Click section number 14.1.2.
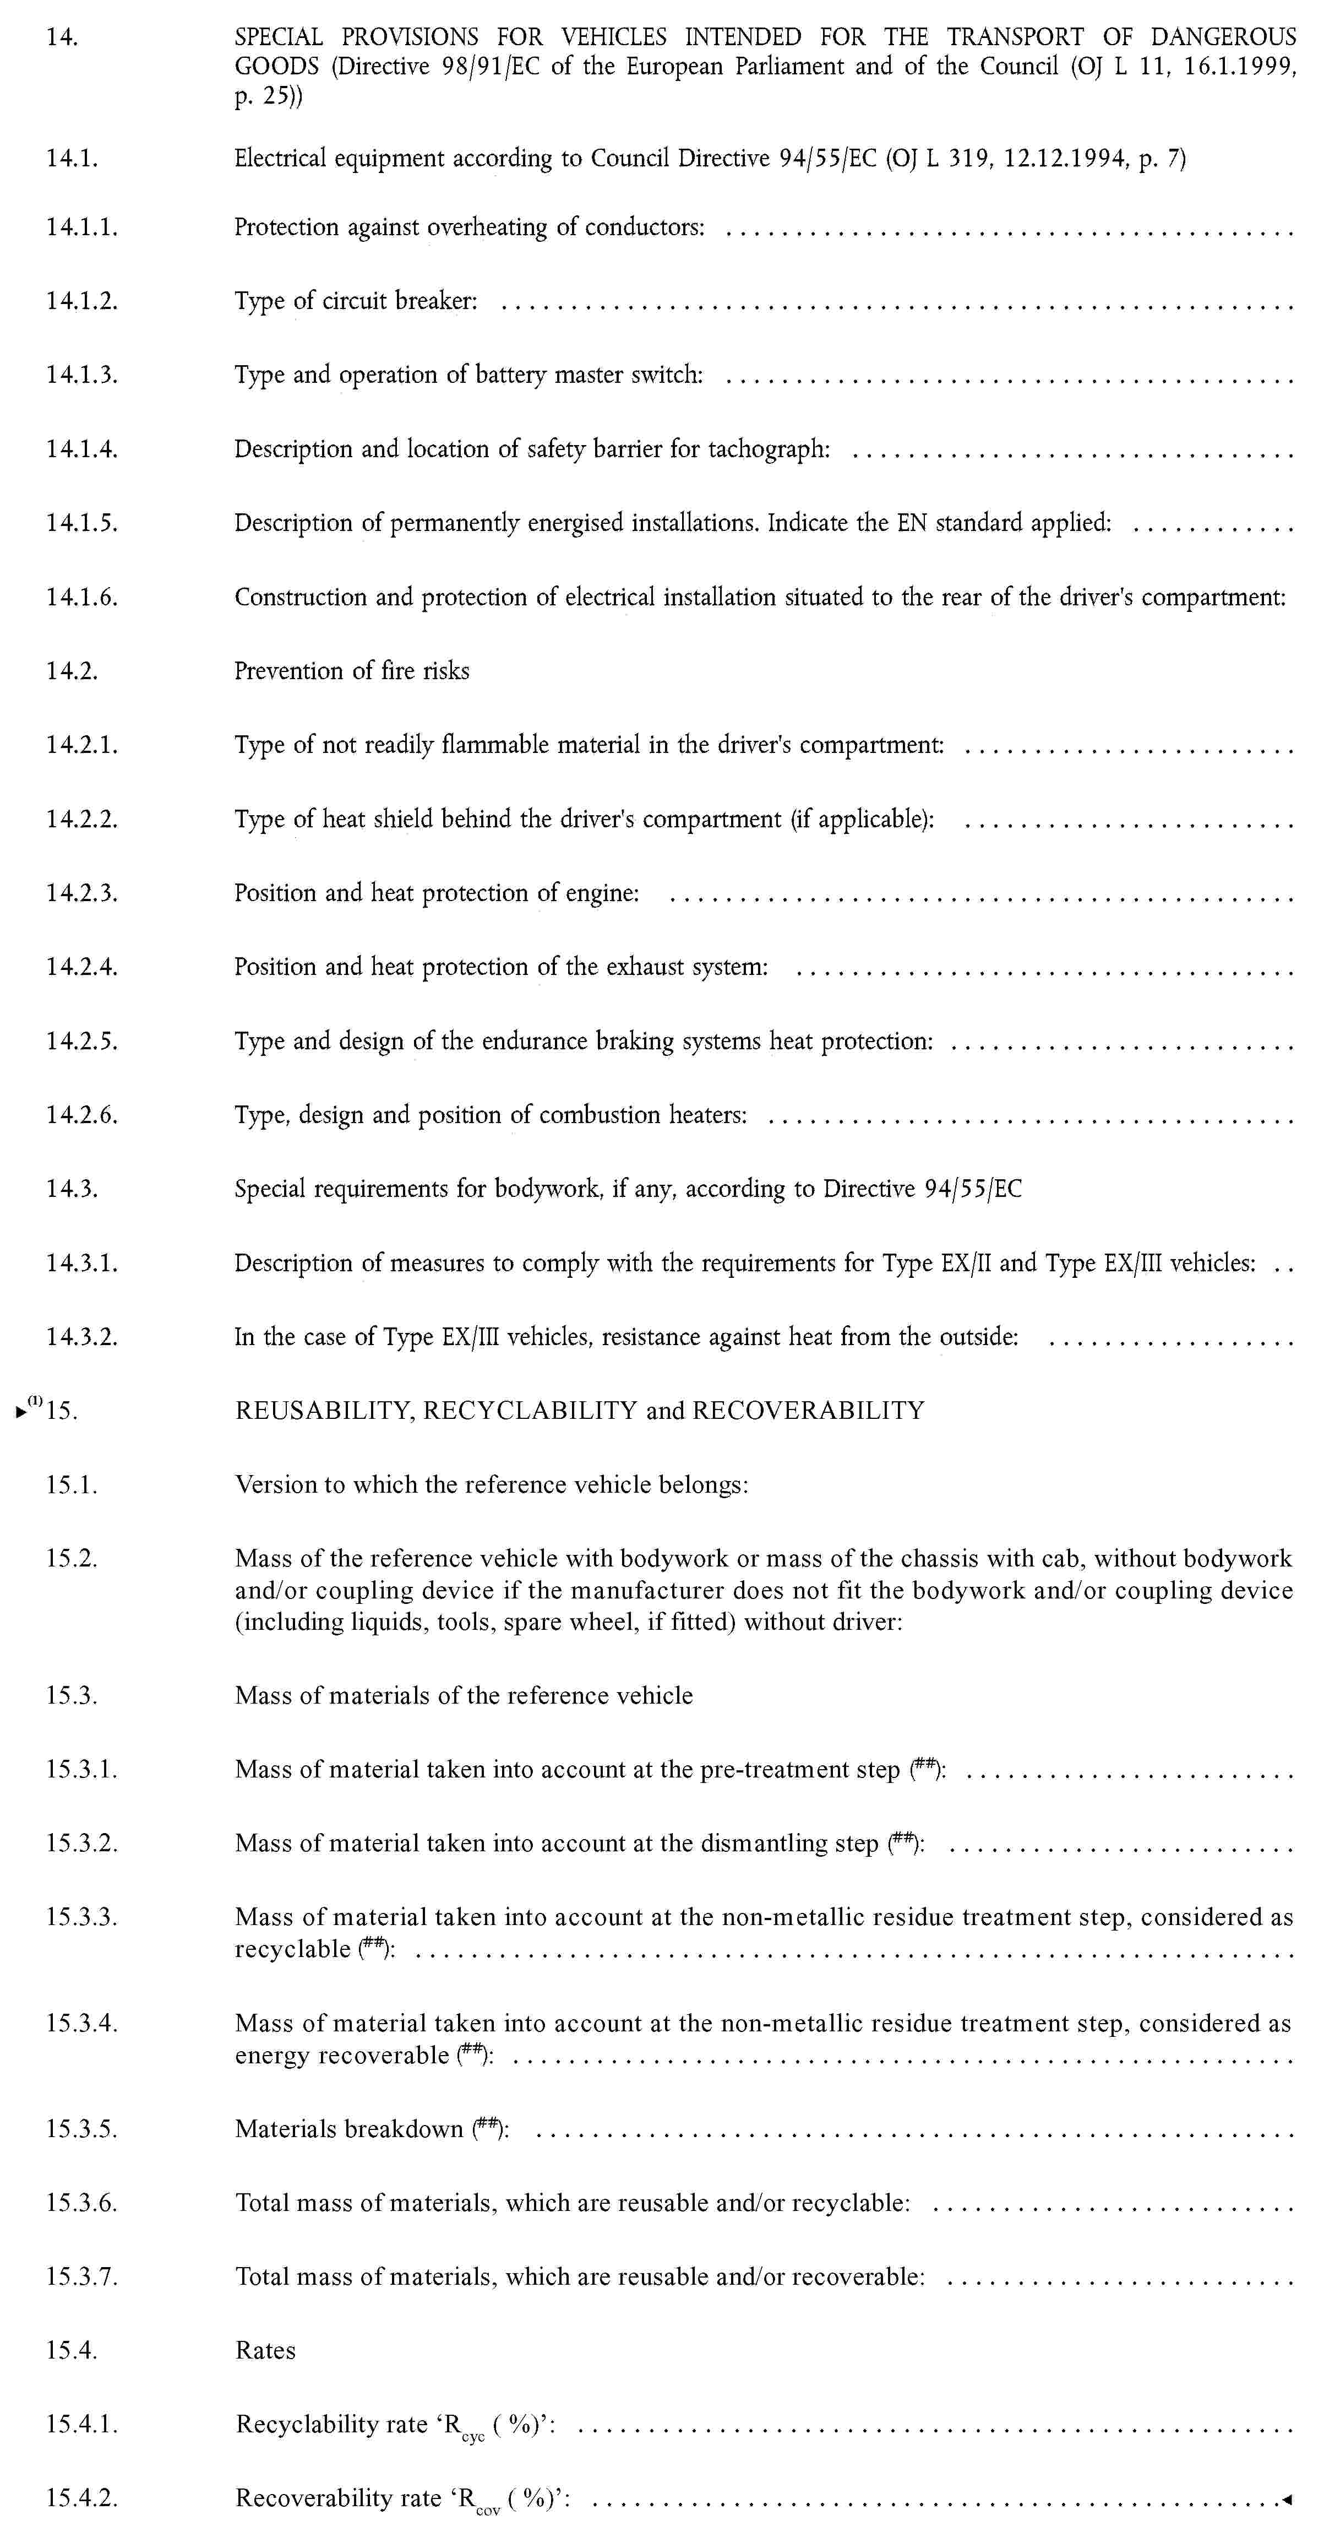coord(81,301)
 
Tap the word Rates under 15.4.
coord(266,2350)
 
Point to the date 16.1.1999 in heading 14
coord(1240,67)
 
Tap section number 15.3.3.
coord(81,1917)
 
